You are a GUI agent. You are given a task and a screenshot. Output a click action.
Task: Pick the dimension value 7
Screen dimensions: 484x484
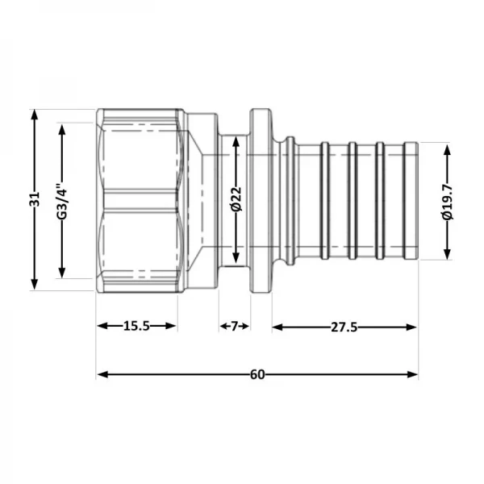coord(235,326)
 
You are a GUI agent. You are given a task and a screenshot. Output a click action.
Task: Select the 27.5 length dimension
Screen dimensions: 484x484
coord(344,326)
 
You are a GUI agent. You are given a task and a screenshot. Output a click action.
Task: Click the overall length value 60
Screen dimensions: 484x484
coord(257,374)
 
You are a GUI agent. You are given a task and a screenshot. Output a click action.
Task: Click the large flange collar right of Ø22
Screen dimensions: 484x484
coord(260,199)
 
